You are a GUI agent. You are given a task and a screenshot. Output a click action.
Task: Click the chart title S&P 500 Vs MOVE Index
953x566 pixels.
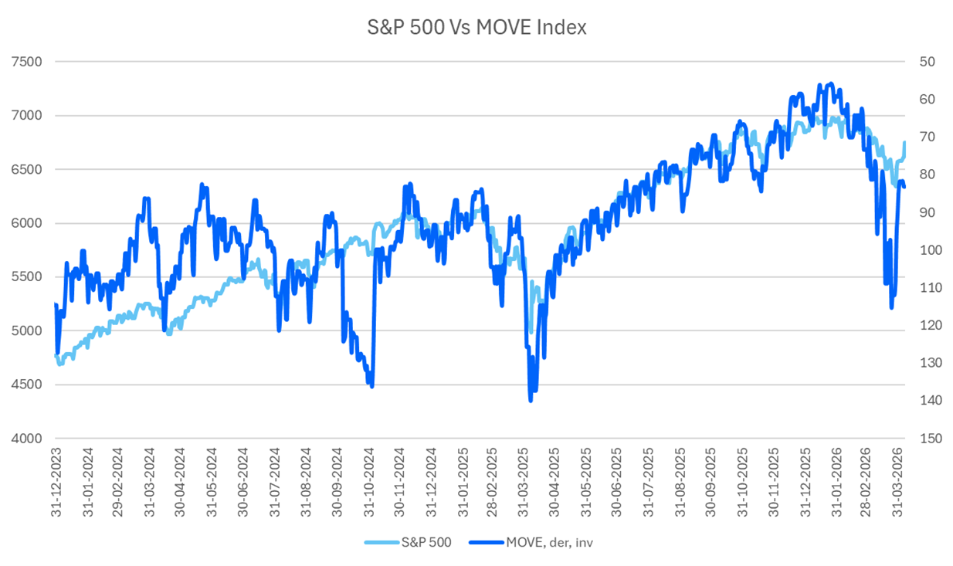point(476,28)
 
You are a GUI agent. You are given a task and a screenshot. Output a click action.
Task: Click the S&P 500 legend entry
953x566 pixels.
point(433,542)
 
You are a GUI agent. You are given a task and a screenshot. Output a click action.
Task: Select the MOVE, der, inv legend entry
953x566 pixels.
point(549,542)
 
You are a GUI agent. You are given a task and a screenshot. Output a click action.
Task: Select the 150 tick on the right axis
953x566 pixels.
point(930,439)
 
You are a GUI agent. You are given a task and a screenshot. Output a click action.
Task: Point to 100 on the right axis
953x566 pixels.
point(930,250)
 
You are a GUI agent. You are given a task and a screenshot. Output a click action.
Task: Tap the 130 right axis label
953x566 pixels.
point(930,363)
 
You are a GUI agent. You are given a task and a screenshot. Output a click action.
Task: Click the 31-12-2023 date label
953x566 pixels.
point(56,479)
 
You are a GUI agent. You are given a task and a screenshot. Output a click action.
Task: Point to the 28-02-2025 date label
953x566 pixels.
point(493,479)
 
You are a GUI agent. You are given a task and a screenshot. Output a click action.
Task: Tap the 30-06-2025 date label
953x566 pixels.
point(618,479)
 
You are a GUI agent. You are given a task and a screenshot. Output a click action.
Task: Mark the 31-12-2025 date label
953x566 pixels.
point(805,479)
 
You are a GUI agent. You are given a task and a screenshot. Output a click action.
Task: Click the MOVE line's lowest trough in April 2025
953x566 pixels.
point(531,400)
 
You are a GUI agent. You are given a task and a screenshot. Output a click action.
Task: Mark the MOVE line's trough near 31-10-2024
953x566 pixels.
point(372,386)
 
